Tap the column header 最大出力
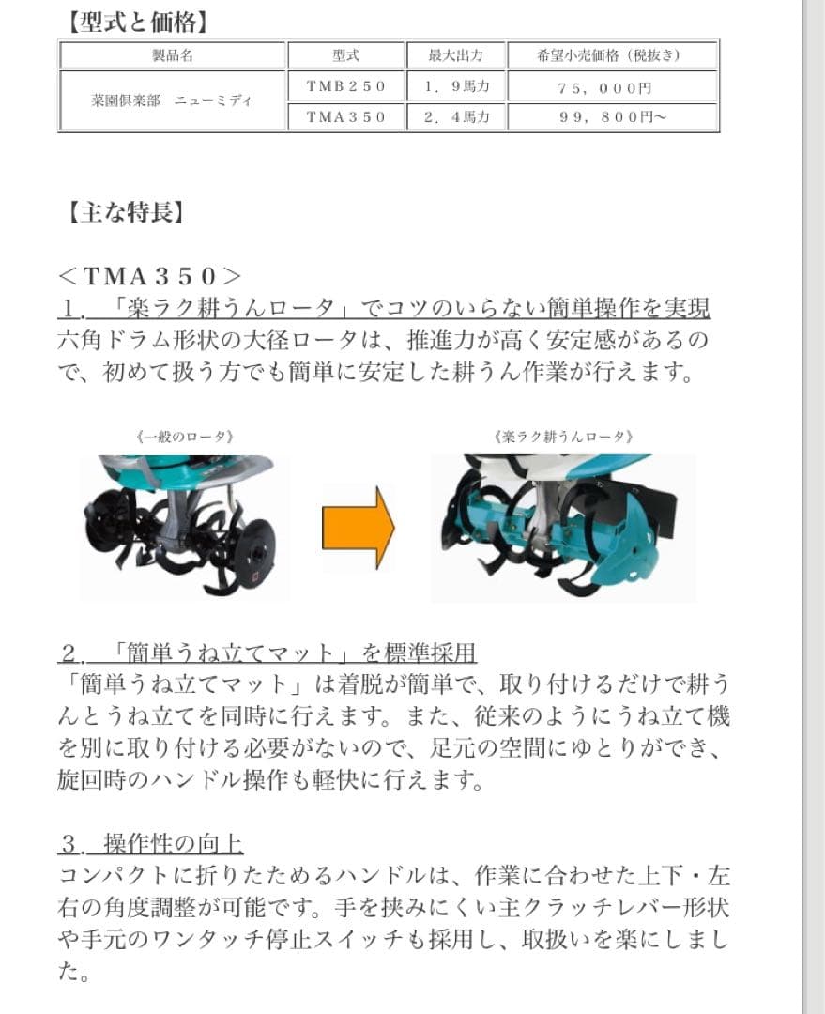click(455, 55)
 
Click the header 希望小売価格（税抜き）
click(613, 55)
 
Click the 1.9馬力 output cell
click(455, 86)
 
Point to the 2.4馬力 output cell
click(455, 117)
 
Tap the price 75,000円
click(613, 86)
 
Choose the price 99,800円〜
click(613, 117)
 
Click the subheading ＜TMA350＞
click(149, 276)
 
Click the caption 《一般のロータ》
click(183, 437)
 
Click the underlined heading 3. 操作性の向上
click(151, 843)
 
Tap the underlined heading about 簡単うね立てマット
click(267, 653)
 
